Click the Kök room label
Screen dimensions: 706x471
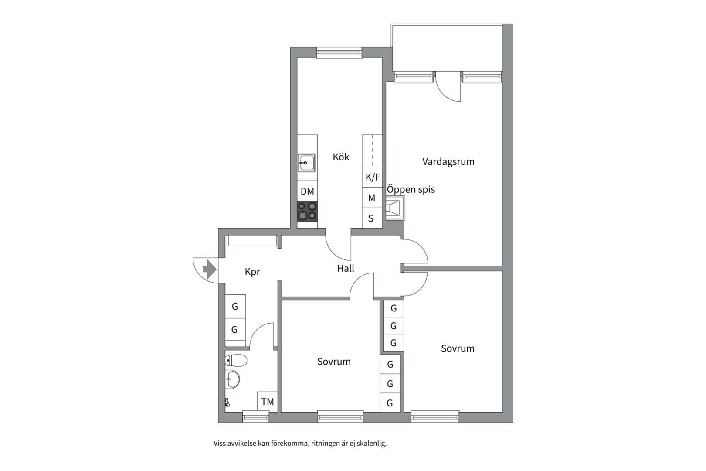pos(341,157)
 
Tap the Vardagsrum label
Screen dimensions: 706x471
pos(448,162)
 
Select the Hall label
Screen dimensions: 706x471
pos(346,269)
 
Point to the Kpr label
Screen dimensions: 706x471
pos(252,272)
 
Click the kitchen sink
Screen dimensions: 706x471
pos(307,163)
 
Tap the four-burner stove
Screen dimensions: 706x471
pos(307,211)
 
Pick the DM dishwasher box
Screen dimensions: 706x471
pos(307,191)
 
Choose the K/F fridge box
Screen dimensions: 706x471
pos(372,177)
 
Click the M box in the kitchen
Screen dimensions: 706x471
pos(372,198)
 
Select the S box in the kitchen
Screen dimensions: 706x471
pos(372,218)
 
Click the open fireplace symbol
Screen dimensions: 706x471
pos(395,208)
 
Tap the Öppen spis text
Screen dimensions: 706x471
pos(411,190)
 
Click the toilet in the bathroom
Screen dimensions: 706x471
pos(236,360)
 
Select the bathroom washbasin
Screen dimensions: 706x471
pos(233,379)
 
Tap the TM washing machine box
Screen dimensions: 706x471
pos(267,402)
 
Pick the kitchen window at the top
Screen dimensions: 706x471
pos(339,53)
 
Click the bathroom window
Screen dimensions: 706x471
pos(256,416)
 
